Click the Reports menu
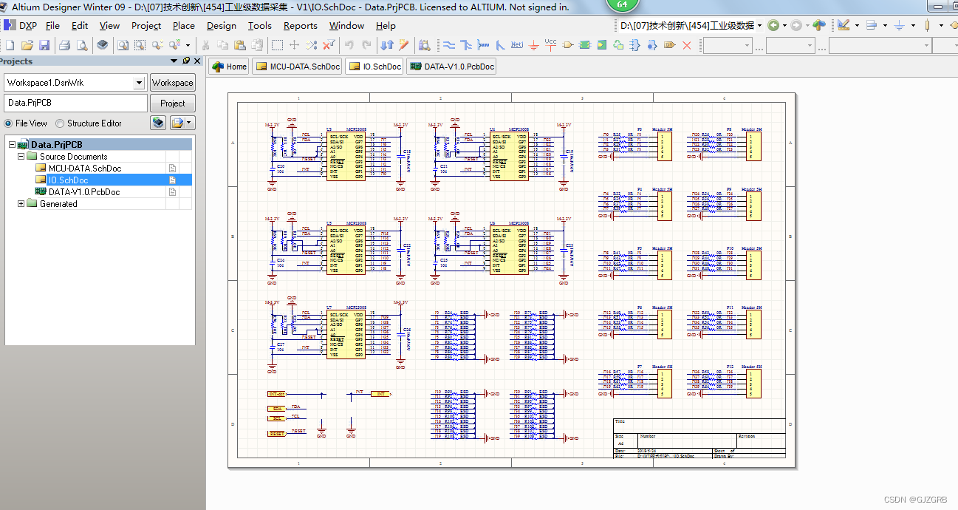(300, 26)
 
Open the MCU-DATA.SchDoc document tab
(298, 67)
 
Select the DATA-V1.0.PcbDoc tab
(451, 67)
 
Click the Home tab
(229, 67)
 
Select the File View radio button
(9, 123)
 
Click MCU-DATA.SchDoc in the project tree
(84, 169)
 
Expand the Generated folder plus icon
(21, 204)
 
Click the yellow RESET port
(277, 434)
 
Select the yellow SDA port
(277, 409)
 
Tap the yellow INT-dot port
(277, 395)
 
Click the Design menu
(221, 26)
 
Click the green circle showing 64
(622, 4)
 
